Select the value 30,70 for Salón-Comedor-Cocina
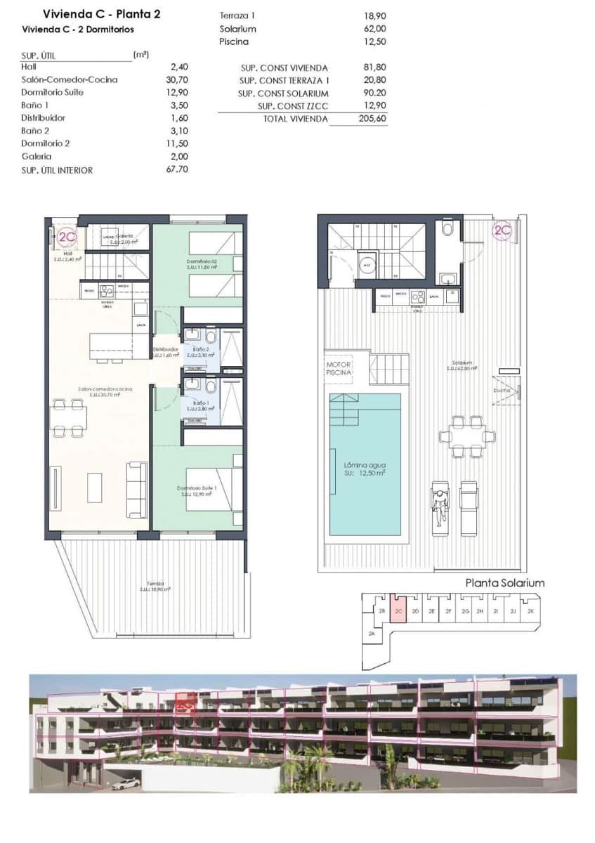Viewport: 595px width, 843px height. tap(179, 80)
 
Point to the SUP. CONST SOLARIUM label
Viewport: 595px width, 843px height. tap(283, 93)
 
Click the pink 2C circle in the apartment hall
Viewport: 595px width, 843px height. tap(67, 237)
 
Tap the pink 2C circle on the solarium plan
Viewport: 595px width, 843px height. tap(502, 230)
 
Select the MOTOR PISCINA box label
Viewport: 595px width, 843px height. tap(338, 369)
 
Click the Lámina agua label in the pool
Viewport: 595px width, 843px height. tap(365, 465)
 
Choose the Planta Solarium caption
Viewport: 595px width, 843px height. tap(505, 583)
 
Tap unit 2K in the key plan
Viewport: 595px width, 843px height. tap(530, 611)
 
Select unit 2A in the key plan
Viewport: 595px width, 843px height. tap(372, 634)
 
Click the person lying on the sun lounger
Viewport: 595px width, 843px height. tap(440, 506)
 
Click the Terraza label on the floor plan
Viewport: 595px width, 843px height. tap(155, 584)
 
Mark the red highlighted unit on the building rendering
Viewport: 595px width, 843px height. tap(185, 700)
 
